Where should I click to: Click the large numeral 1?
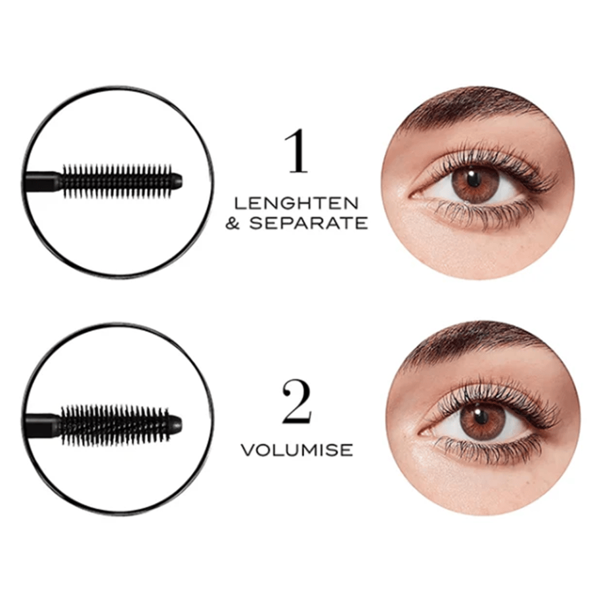pos(297,151)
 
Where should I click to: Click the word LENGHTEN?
pos(296,204)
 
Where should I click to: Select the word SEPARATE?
pos(308,223)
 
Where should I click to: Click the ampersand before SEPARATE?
pos(233,223)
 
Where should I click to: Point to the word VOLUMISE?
pos(297,450)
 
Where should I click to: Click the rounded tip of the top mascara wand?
pos(177,181)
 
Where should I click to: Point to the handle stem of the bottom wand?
pos(42,419)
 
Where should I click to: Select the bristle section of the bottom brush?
pos(114,424)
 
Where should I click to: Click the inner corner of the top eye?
pos(413,196)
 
